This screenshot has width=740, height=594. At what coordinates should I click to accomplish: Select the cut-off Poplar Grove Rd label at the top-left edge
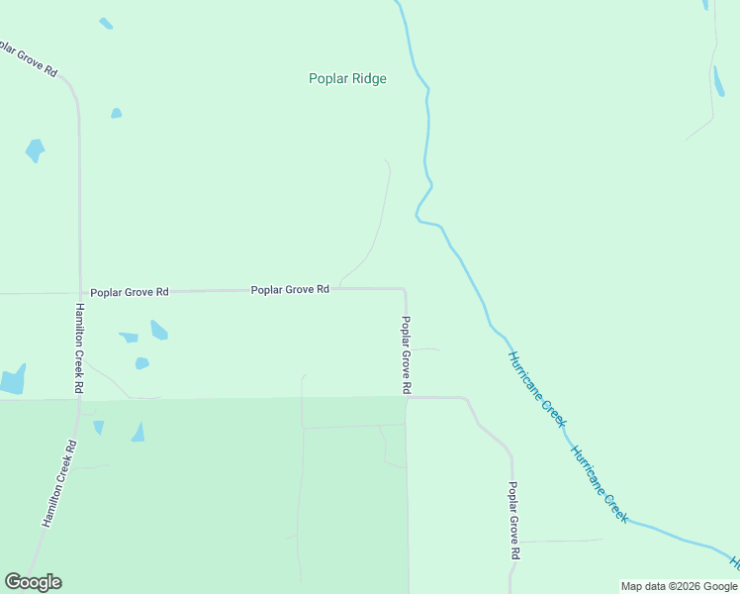[x=29, y=57]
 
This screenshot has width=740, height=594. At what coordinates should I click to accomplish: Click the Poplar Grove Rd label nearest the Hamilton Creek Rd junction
[x=130, y=293]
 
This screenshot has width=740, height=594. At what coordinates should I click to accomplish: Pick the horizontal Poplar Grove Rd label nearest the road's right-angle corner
[x=290, y=290]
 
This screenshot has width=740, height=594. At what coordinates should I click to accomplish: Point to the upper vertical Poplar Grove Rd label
[x=406, y=355]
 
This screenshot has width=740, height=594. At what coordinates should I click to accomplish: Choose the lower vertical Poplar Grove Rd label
[x=513, y=521]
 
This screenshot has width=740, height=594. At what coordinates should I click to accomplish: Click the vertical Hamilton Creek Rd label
[x=78, y=348]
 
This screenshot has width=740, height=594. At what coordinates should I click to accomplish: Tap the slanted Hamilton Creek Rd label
[x=58, y=483]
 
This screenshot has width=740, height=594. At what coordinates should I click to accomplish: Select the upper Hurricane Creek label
[x=537, y=388]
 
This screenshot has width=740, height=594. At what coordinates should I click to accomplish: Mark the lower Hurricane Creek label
[x=599, y=484]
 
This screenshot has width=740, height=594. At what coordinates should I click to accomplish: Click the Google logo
[x=33, y=582]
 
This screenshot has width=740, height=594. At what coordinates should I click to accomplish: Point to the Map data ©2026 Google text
[x=680, y=586]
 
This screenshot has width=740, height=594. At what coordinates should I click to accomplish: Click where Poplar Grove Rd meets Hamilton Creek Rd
[x=79, y=293]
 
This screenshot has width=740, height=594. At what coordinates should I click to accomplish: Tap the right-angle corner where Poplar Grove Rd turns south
[x=405, y=290]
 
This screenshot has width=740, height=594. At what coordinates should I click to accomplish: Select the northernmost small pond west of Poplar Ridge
[x=106, y=23]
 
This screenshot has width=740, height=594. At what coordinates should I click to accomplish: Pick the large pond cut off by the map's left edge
[x=11, y=380]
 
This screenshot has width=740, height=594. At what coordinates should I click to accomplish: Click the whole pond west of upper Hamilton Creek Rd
[x=35, y=150]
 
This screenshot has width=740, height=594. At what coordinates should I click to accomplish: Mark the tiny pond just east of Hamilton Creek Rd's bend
[x=116, y=114]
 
